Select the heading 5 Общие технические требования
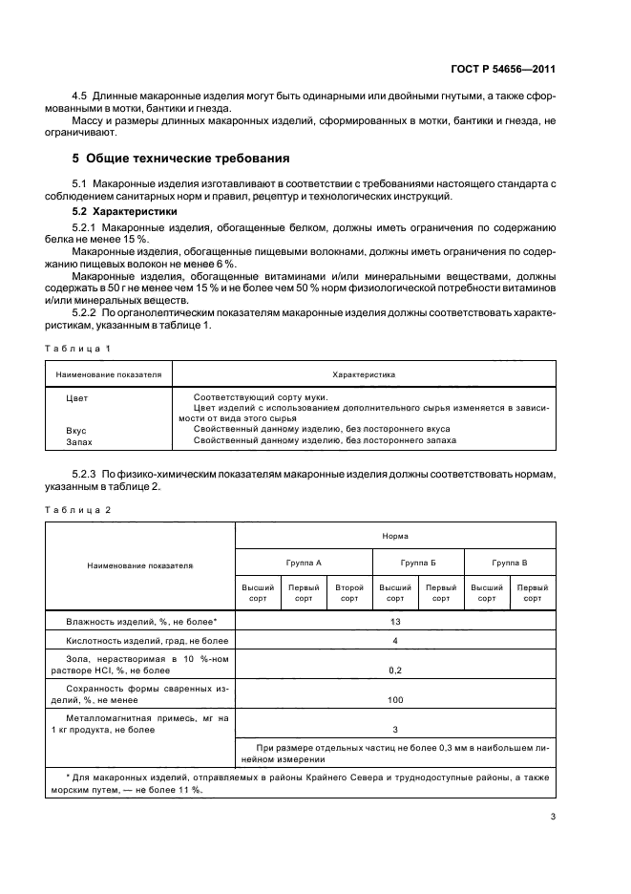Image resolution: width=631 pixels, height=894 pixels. click(181, 158)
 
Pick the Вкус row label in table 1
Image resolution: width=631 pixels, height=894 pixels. click(76, 430)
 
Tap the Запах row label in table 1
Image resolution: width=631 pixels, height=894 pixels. click(78, 440)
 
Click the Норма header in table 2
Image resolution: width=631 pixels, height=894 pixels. click(395, 537)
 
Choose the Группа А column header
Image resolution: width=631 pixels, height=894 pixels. click(304, 563)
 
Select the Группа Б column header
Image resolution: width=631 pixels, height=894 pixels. click(418, 563)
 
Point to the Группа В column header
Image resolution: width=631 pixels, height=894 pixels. click(510, 563)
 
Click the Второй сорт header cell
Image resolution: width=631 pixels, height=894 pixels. click(349, 593)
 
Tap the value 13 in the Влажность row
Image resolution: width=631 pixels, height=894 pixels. click(395, 621)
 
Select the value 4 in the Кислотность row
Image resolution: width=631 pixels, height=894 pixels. click(395, 640)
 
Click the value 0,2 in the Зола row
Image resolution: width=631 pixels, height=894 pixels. click(395, 670)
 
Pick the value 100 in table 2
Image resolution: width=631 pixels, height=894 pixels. click(395, 699)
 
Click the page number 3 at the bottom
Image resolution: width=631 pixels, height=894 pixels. click(553, 817)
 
